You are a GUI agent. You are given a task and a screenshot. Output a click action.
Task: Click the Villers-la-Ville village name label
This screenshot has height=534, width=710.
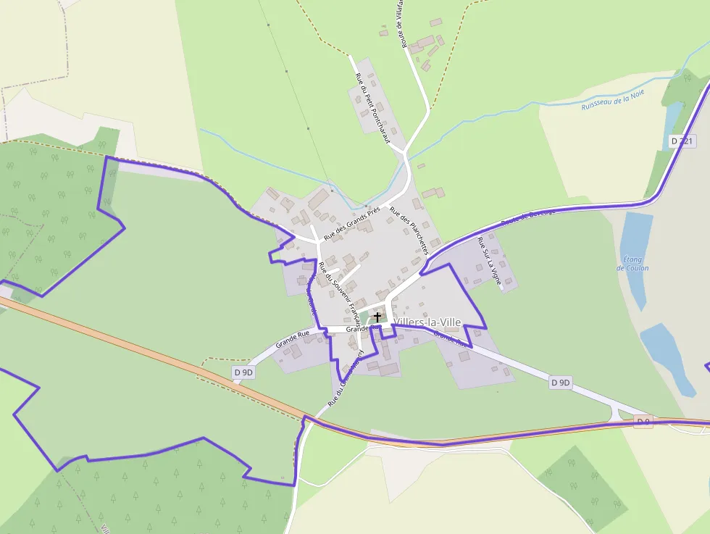(429, 322)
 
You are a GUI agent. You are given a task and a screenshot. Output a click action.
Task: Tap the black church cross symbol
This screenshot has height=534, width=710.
(377, 317)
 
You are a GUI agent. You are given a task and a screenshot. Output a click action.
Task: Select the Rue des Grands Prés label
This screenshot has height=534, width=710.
(352, 222)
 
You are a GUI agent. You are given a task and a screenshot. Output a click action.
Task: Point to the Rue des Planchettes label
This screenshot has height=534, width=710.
(409, 230)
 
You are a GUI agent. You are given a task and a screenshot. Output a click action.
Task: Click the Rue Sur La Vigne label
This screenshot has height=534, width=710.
(490, 262)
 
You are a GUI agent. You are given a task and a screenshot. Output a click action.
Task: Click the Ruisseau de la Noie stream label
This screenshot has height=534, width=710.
(612, 100)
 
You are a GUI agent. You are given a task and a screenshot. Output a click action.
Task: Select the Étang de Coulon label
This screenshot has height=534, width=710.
(632, 264)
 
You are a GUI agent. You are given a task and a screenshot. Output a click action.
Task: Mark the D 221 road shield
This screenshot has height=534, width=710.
(682, 141)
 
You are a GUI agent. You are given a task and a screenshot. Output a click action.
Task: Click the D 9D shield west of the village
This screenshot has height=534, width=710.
(244, 372)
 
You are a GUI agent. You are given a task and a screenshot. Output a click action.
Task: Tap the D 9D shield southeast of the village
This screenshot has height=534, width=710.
(561, 382)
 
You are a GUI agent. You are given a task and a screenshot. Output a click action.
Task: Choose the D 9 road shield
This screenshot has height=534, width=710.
(643, 421)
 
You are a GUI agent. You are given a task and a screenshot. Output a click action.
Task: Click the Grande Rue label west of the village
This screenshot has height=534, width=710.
(293, 338)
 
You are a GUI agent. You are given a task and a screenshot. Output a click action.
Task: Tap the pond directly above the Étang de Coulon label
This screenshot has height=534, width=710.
(635, 232)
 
